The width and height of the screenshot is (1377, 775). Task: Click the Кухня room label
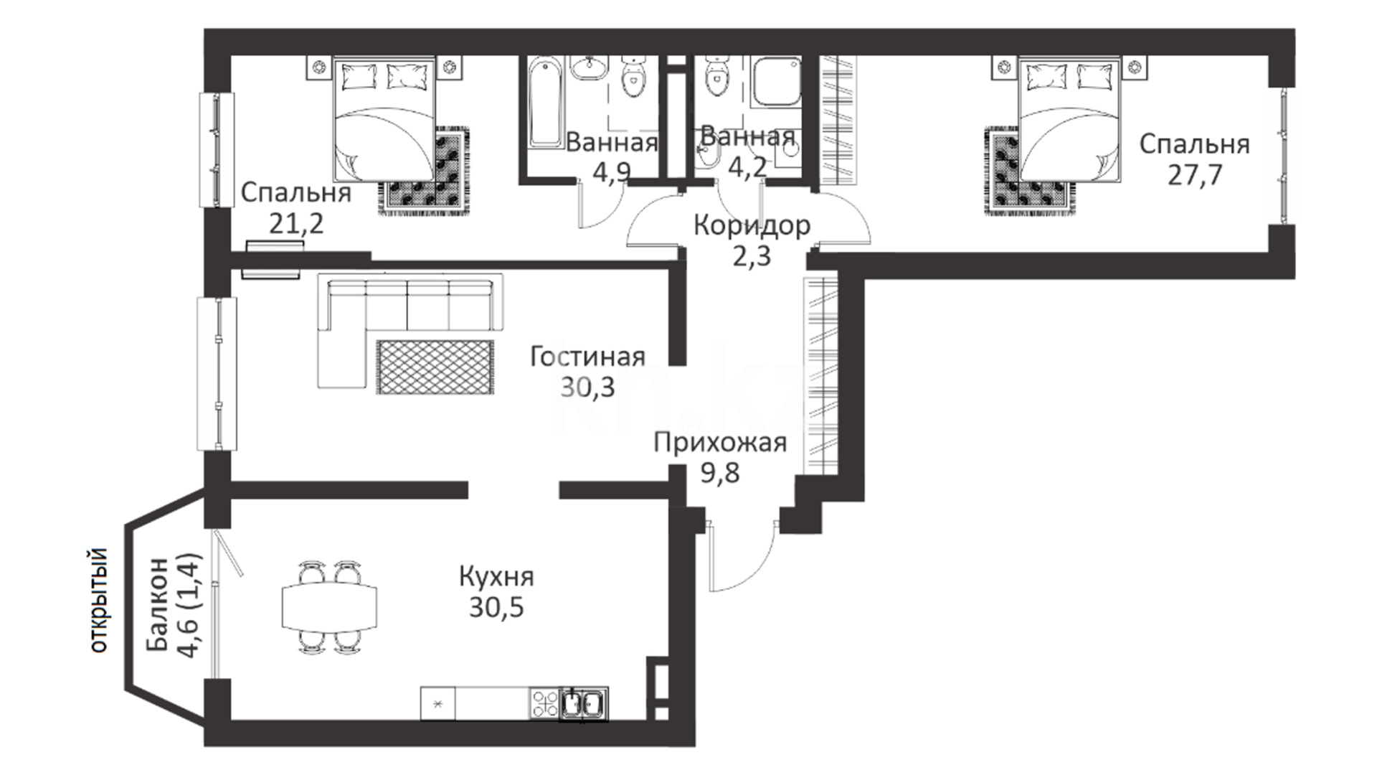click(x=496, y=578)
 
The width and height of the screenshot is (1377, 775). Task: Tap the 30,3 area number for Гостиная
click(x=587, y=387)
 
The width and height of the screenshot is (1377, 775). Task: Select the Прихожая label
click(x=720, y=443)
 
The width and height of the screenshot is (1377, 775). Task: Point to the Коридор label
click(x=752, y=225)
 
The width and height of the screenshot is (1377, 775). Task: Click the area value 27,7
click(x=1194, y=175)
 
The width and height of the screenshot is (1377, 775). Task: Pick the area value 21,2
click(x=296, y=224)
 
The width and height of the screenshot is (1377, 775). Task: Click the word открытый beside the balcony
click(x=98, y=600)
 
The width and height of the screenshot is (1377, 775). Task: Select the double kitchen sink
click(x=583, y=703)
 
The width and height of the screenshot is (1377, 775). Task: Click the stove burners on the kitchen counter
click(x=544, y=703)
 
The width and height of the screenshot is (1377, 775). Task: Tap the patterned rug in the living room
click(x=435, y=367)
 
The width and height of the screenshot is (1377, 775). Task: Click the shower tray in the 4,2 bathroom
click(x=775, y=82)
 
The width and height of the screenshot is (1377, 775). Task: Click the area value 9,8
click(x=720, y=474)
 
